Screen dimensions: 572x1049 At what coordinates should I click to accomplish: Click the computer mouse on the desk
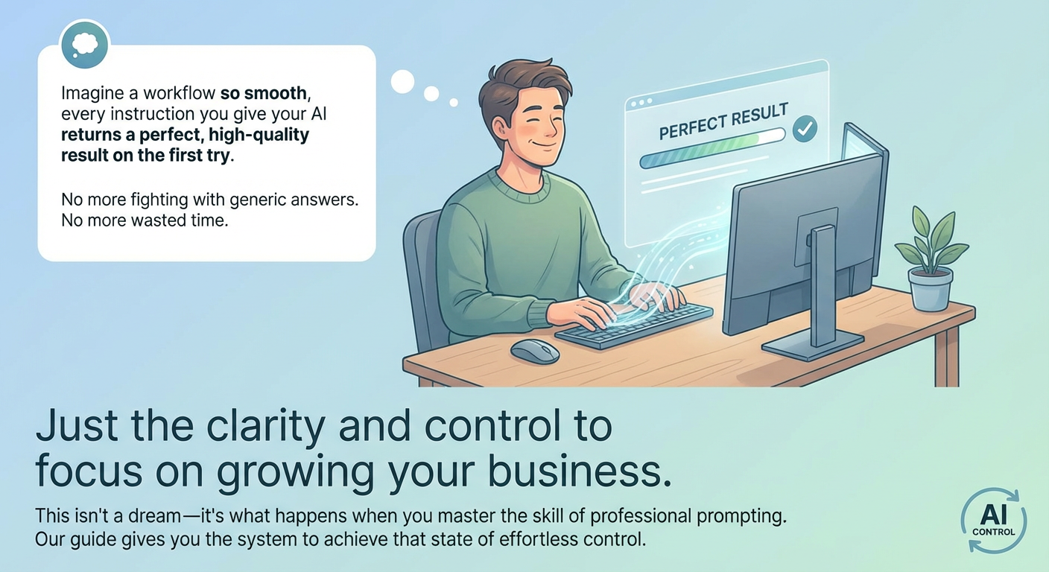coord(535,351)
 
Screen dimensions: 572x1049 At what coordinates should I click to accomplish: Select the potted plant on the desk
coord(931,260)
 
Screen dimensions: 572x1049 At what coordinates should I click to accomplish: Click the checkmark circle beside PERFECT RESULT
coord(804,129)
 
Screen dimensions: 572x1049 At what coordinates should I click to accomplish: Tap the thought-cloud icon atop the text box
coord(84,45)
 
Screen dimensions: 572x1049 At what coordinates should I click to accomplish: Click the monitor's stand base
coord(812,343)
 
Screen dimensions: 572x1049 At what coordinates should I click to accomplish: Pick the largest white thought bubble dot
coord(402,81)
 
